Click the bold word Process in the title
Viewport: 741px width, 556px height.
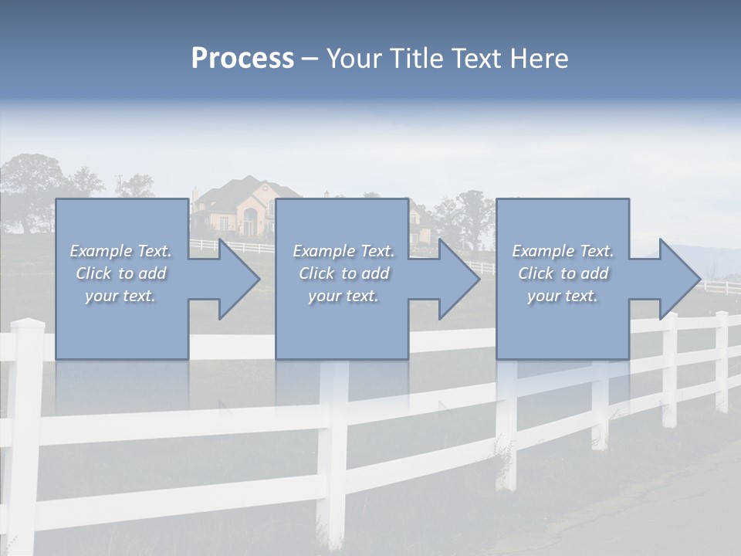pos(242,59)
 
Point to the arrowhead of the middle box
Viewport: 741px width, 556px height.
pos(458,279)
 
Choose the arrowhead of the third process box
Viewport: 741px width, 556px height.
pos(678,279)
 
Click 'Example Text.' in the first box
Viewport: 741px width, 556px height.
pos(120,251)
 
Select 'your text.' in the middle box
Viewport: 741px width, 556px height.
pos(343,296)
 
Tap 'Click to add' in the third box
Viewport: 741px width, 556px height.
pos(563,273)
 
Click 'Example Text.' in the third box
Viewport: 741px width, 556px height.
pos(563,251)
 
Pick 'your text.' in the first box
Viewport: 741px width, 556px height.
pos(120,296)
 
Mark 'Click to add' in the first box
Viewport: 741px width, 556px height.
pos(120,273)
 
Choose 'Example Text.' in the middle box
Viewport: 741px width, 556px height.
pos(343,251)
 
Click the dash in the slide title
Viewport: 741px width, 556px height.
pos(310,59)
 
